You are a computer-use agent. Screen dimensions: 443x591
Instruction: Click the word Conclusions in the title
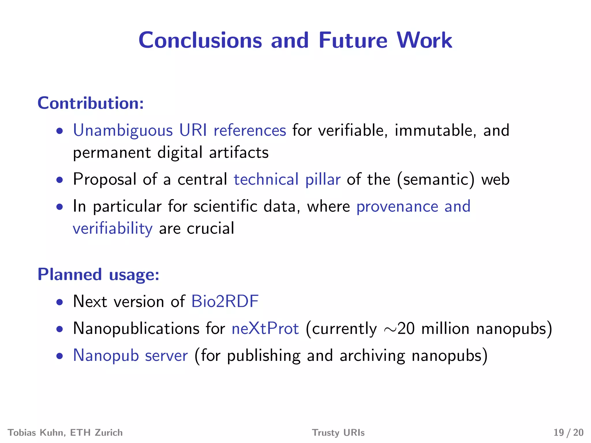[x=200, y=40]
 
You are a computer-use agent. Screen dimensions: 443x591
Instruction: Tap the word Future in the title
[x=353, y=40]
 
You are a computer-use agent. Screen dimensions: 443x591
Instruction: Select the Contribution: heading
[x=91, y=103]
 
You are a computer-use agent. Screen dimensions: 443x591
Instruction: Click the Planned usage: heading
[x=98, y=274]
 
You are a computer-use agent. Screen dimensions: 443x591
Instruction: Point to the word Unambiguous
[x=123, y=130]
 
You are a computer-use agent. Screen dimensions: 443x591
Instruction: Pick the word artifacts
[x=239, y=153]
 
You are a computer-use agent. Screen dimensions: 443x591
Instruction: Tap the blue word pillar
[x=323, y=179]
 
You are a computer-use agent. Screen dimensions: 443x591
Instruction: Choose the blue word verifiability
[x=113, y=229]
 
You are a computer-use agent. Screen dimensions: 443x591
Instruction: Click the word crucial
[x=210, y=229]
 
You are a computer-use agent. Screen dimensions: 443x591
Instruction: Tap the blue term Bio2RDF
[x=225, y=302]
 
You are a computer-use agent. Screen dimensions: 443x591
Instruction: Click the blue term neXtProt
[x=265, y=329]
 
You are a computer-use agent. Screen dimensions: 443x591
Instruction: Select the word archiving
[x=372, y=356]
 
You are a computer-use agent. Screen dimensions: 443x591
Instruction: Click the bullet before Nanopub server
[x=60, y=356]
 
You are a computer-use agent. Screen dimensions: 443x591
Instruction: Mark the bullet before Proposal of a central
[x=60, y=180]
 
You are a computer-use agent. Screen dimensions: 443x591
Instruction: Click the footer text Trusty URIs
[x=338, y=433]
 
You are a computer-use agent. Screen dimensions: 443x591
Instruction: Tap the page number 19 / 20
[x=568, y=433]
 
